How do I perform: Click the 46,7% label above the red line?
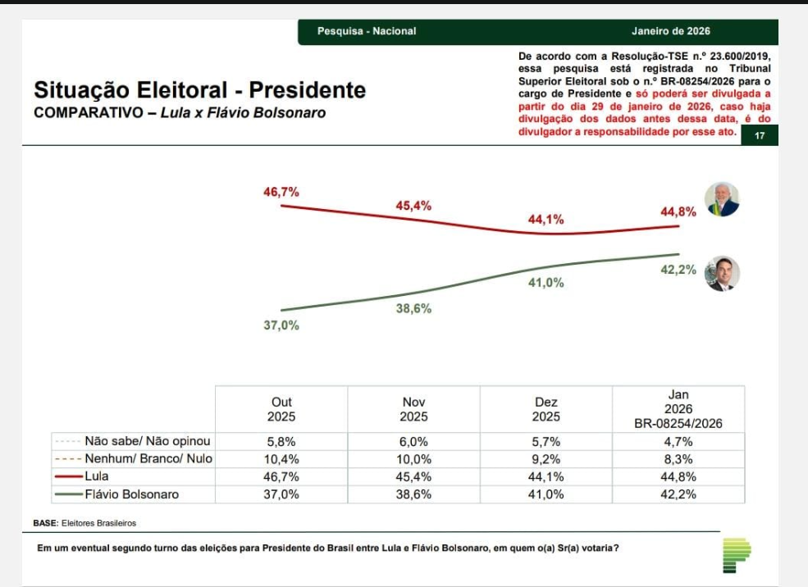tap(281, 192)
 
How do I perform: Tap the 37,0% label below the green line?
tap(281, 325)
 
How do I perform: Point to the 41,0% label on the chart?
tap(546, 283)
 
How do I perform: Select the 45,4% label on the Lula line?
tap(413, 206)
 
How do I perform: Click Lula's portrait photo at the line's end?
tap(722, 199)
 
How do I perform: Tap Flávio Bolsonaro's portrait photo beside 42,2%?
tap(722, 274)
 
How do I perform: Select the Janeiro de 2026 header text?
tap(671, 31)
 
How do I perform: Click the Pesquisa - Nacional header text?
tap(367, 31)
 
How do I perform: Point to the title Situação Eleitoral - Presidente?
tap(200, 89)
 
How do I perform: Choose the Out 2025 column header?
tap(281, 409)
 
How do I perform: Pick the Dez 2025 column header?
tap(546, 409)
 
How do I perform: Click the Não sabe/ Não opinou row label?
tap(148, 441)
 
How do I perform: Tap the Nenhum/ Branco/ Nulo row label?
tap(148, 459)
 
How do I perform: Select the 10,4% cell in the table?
tap(281, 459)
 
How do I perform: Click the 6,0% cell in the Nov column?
tap(413, 441)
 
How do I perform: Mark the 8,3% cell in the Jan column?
tap(678, 459)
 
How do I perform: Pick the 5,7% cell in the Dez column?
tap(546, 441)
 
